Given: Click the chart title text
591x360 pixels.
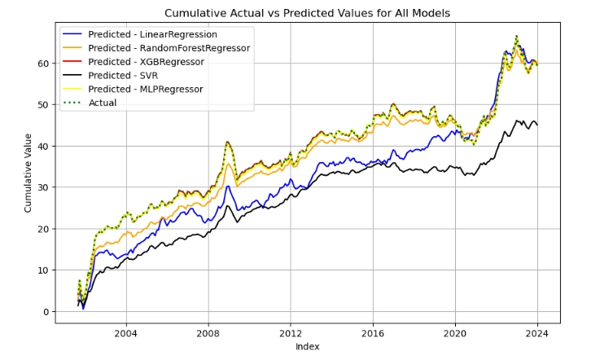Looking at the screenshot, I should pos(307,13).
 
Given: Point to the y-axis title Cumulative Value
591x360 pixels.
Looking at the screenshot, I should pos(28,173).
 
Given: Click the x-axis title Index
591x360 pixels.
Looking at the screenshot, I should pos(307,347).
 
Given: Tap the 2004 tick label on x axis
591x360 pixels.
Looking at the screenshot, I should pos(125,333).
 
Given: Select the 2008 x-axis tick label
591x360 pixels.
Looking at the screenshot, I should pos(208,333).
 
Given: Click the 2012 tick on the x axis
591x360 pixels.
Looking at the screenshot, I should pos(291,333).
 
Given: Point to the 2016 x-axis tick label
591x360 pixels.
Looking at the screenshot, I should pos(373,333).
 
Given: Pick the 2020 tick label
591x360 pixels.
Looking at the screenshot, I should pos(455,333).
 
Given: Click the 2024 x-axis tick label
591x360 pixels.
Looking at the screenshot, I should pos(537,333).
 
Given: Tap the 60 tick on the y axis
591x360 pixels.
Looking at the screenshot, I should pos(44,64).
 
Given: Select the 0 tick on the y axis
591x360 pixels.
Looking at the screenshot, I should pos(46,312).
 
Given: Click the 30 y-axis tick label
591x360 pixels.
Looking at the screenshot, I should pos(44,187).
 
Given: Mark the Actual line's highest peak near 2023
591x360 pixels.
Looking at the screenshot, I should pos(516,37).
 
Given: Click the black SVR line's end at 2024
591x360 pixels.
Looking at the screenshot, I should pos(537,125).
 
